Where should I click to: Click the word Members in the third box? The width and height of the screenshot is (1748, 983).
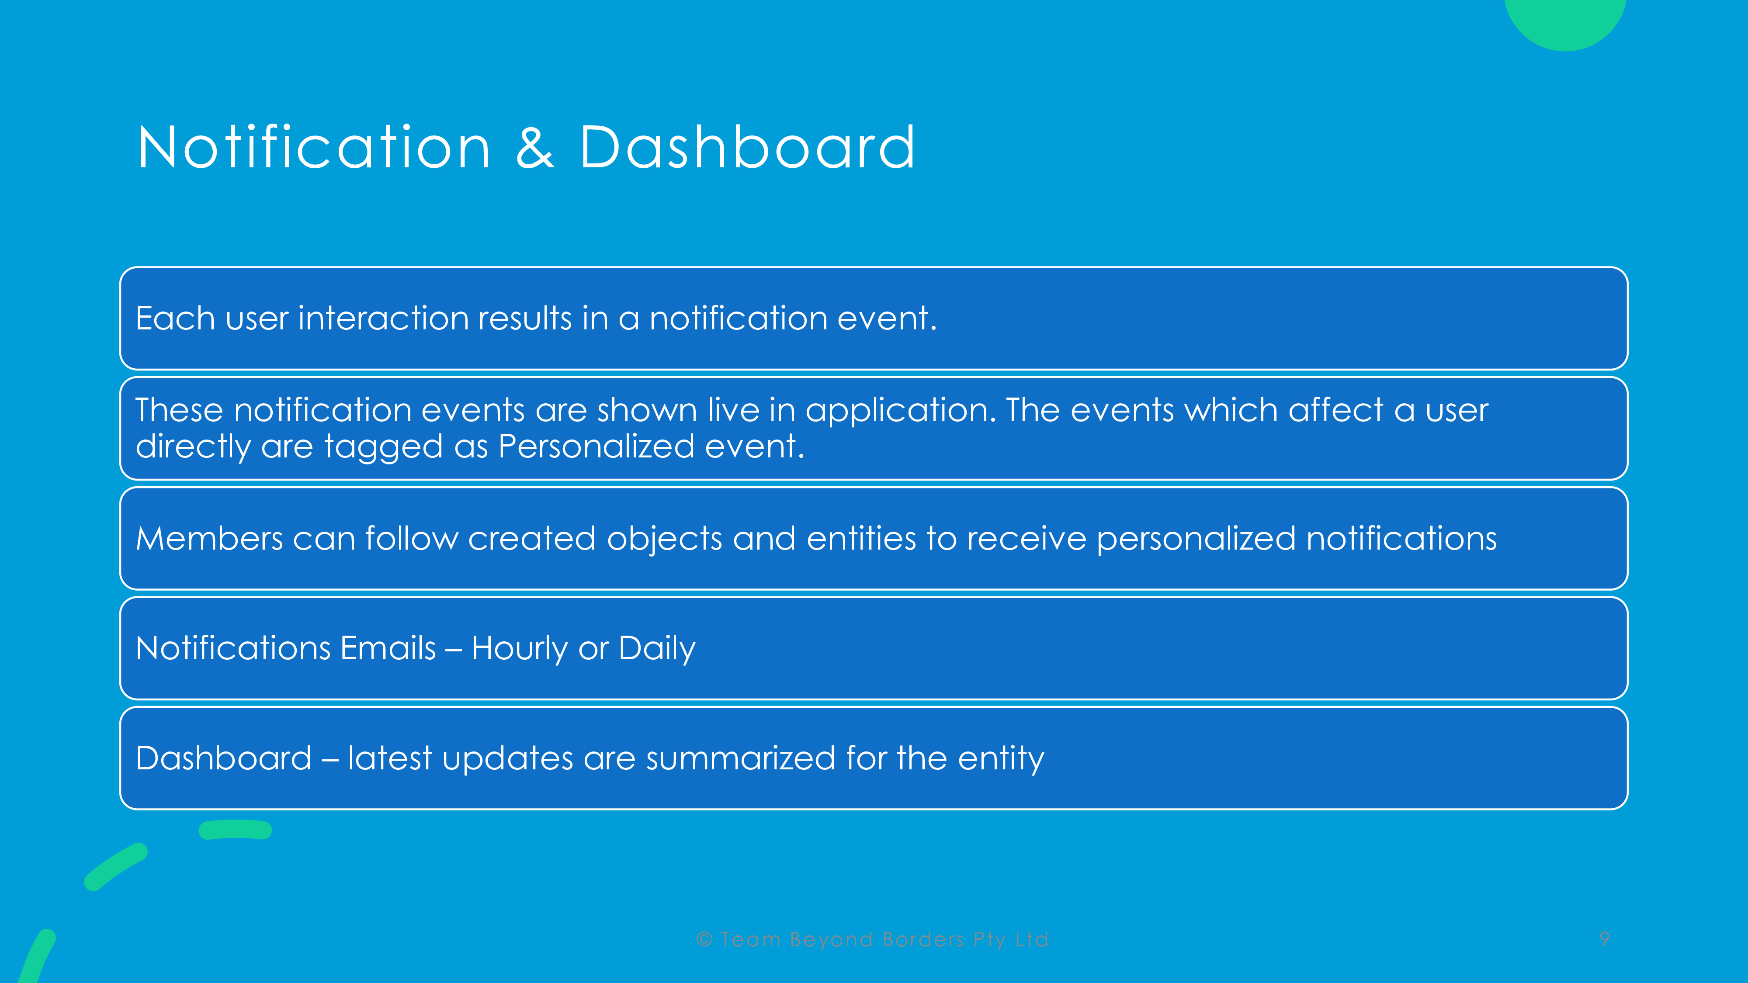coord(209,539)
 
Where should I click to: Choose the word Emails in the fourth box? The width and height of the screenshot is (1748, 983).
coord(388,648)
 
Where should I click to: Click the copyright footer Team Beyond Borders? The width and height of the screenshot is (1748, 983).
coord(873,940)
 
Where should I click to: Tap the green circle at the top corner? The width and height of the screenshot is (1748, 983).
coord(1565,21)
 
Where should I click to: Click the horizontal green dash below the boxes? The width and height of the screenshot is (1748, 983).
coord(236,830)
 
